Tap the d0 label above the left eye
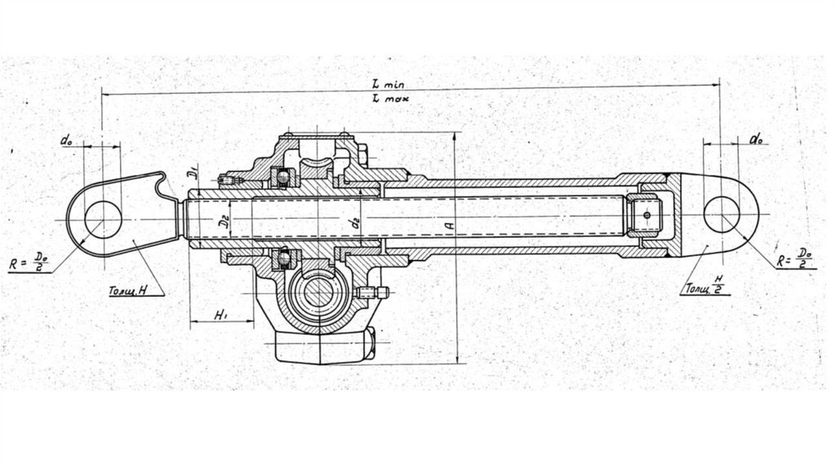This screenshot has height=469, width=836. point(66,140)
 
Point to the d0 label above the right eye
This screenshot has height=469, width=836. point(757,140)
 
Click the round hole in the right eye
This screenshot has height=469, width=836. point(723,214)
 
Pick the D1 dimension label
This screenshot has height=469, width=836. point(186,172)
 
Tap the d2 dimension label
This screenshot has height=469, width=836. point(353,221)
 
